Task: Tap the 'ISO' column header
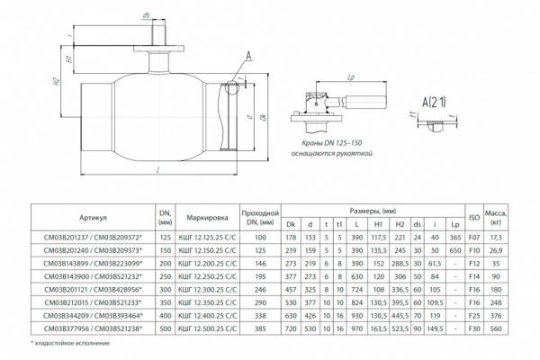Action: (x=473, y=217)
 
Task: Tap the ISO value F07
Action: (x=473, y=237)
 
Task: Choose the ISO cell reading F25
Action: (x=473, y=317)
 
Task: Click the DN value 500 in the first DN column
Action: (x=165, y=330)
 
